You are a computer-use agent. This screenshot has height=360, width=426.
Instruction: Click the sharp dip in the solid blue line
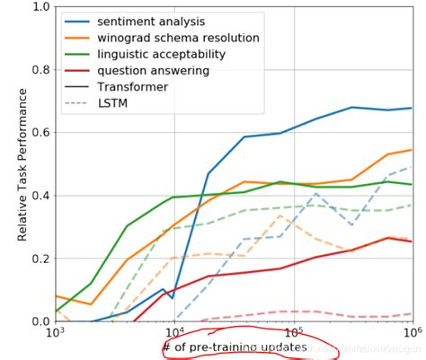tap(173, 297)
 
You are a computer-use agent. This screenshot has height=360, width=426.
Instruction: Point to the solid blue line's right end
tap(412, 109)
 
